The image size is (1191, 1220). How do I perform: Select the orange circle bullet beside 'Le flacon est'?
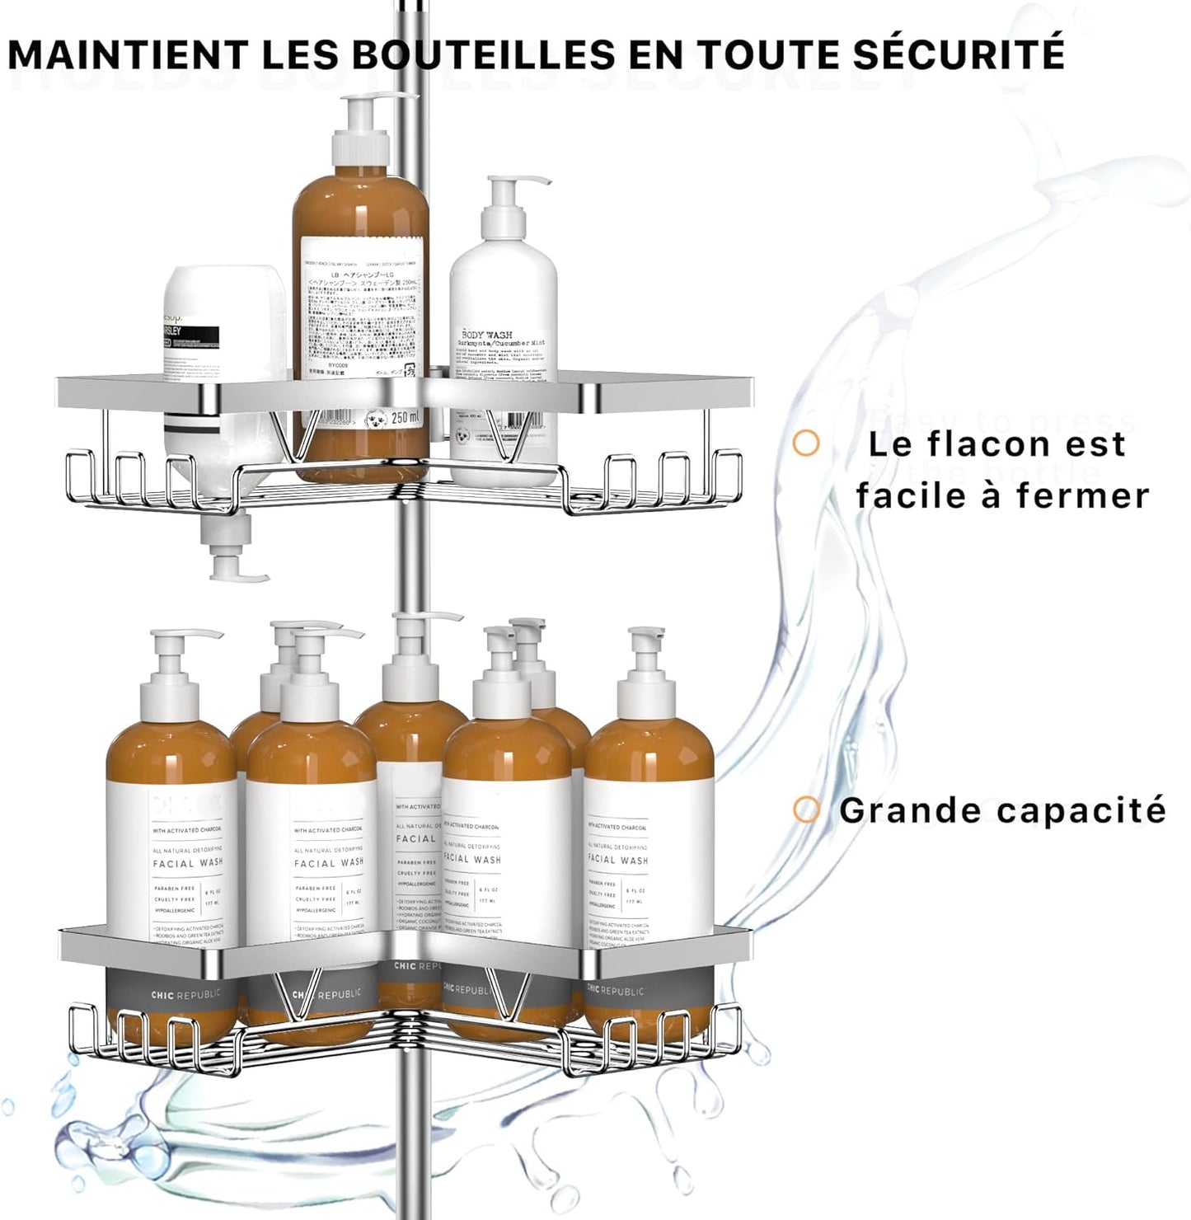(x=806, y=443)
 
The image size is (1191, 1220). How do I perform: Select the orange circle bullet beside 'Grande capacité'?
(x=806, y=809)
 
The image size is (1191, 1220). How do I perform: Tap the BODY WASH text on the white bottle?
(x=486, y=335)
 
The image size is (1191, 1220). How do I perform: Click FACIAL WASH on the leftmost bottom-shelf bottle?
(x=188, y=863)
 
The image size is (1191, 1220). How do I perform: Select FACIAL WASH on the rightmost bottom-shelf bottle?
(x=617, y=860)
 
